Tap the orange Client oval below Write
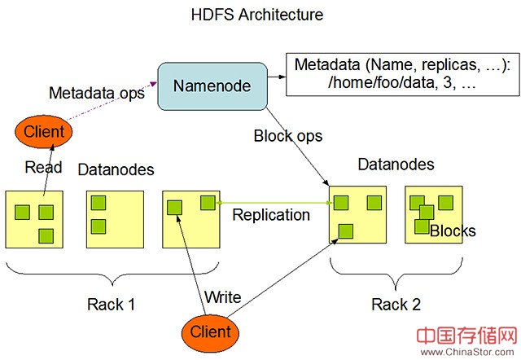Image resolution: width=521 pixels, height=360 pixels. tap(210, 331)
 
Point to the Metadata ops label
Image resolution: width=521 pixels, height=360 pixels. tap(97, 92)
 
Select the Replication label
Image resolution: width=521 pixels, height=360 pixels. tap(271, 215)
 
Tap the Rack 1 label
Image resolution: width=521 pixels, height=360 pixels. tap(112, 305)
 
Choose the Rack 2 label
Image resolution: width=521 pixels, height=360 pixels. tap(396, 305)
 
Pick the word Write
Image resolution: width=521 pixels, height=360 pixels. tap(222, 297)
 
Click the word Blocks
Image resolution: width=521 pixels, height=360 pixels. tap(453, 231)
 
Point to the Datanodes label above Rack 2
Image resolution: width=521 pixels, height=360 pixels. tap(396, 165)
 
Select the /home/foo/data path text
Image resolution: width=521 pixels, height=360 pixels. tap(352, 81)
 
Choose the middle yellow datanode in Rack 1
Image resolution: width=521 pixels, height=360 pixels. tap(115, 219)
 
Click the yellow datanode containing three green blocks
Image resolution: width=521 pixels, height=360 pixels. tap(34, 219)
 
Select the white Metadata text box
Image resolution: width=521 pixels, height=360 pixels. tap(403, 72)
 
